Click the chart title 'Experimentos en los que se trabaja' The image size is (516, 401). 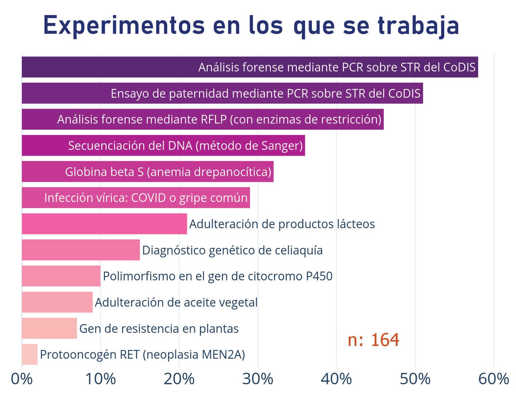point(251,26)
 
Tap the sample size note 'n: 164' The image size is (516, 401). point(373,340)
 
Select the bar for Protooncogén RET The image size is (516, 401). point(30,354)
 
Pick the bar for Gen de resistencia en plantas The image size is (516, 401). point(49,328)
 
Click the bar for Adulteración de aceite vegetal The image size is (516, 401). point(57,302)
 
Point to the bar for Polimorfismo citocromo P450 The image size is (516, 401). point(61,276)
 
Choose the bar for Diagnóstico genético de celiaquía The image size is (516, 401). point(81,250)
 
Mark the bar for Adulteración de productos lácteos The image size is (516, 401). point(104,224)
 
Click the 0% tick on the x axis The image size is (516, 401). point(22,379)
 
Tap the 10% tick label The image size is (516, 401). point(100,379)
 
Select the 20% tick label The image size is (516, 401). point(179,379)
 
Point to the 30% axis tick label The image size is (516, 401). point(258,379)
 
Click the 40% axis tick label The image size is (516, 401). point(336,379)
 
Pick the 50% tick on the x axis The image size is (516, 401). point(415,379)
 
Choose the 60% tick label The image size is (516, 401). point(493,379)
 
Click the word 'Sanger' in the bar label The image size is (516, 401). point(280,146)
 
